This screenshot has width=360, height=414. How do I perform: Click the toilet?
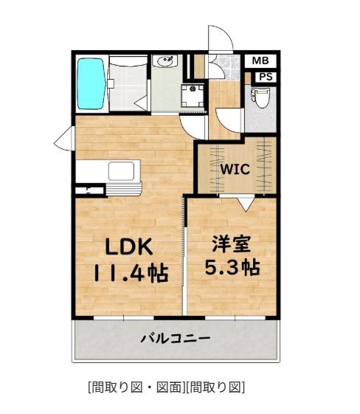[259, 97]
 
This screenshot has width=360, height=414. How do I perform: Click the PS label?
[265, 77]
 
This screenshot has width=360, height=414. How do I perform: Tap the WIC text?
[235, 168]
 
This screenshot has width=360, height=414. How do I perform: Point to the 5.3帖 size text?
[231, 267]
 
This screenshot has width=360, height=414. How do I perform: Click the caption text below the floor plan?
[166, 387]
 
